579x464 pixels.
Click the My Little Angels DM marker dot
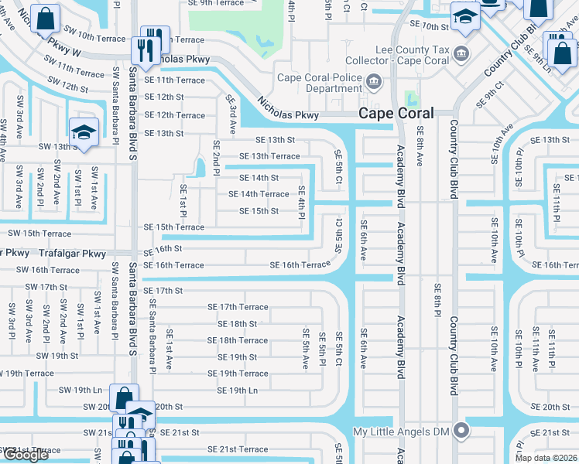(462, 431)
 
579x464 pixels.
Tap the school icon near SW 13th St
(84, 130)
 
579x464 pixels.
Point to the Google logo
(26, 455)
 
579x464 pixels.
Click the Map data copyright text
(546, 458)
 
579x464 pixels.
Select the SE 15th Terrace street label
(174, 227)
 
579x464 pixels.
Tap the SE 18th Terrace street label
(237, 340)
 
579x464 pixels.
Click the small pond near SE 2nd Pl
(200, 166)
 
